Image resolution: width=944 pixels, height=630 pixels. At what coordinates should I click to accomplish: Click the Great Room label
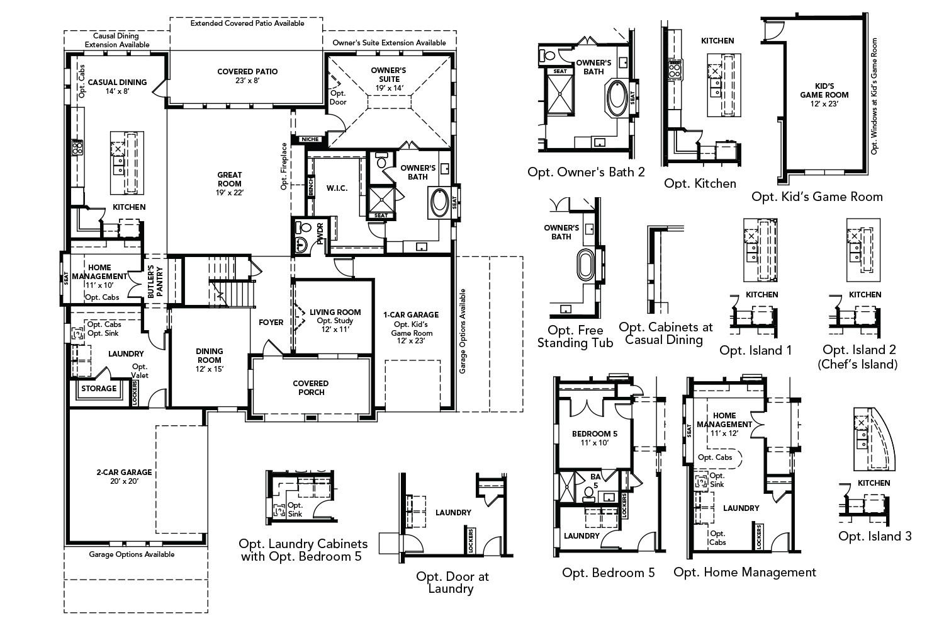(x=230, y=180)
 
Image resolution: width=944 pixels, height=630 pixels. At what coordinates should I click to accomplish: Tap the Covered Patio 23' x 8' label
(x=247, y=76)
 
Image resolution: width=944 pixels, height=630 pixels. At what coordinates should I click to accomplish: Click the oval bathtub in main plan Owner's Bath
(x=439, y=202)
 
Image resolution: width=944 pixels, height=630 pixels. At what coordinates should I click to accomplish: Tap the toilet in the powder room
(x=306, y=227)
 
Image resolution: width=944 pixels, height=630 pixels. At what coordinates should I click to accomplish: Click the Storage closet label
(x=99, y=389)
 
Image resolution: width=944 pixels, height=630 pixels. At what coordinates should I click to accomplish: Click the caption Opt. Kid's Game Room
(x=817, y=197)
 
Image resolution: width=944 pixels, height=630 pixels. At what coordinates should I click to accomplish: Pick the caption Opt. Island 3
(x=874, y=536)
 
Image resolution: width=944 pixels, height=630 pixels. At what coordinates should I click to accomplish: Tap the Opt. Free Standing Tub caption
(x=575, y=336)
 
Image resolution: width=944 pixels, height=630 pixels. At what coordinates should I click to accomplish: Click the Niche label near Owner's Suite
(x=310, y=139)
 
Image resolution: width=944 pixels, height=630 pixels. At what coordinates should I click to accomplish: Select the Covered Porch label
(x=311, y=387)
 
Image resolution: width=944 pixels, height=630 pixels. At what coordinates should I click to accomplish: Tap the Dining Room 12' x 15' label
(x=209, y=355)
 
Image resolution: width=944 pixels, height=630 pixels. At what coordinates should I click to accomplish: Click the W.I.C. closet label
(x=337, y=188)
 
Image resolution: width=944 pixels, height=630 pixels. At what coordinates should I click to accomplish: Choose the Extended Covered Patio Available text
(x=247, y=23)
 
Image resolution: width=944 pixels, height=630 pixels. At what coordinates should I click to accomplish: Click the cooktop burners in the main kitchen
(x=77, y=148)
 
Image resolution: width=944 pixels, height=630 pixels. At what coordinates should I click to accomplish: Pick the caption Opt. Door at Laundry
(x=452, y=582)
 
